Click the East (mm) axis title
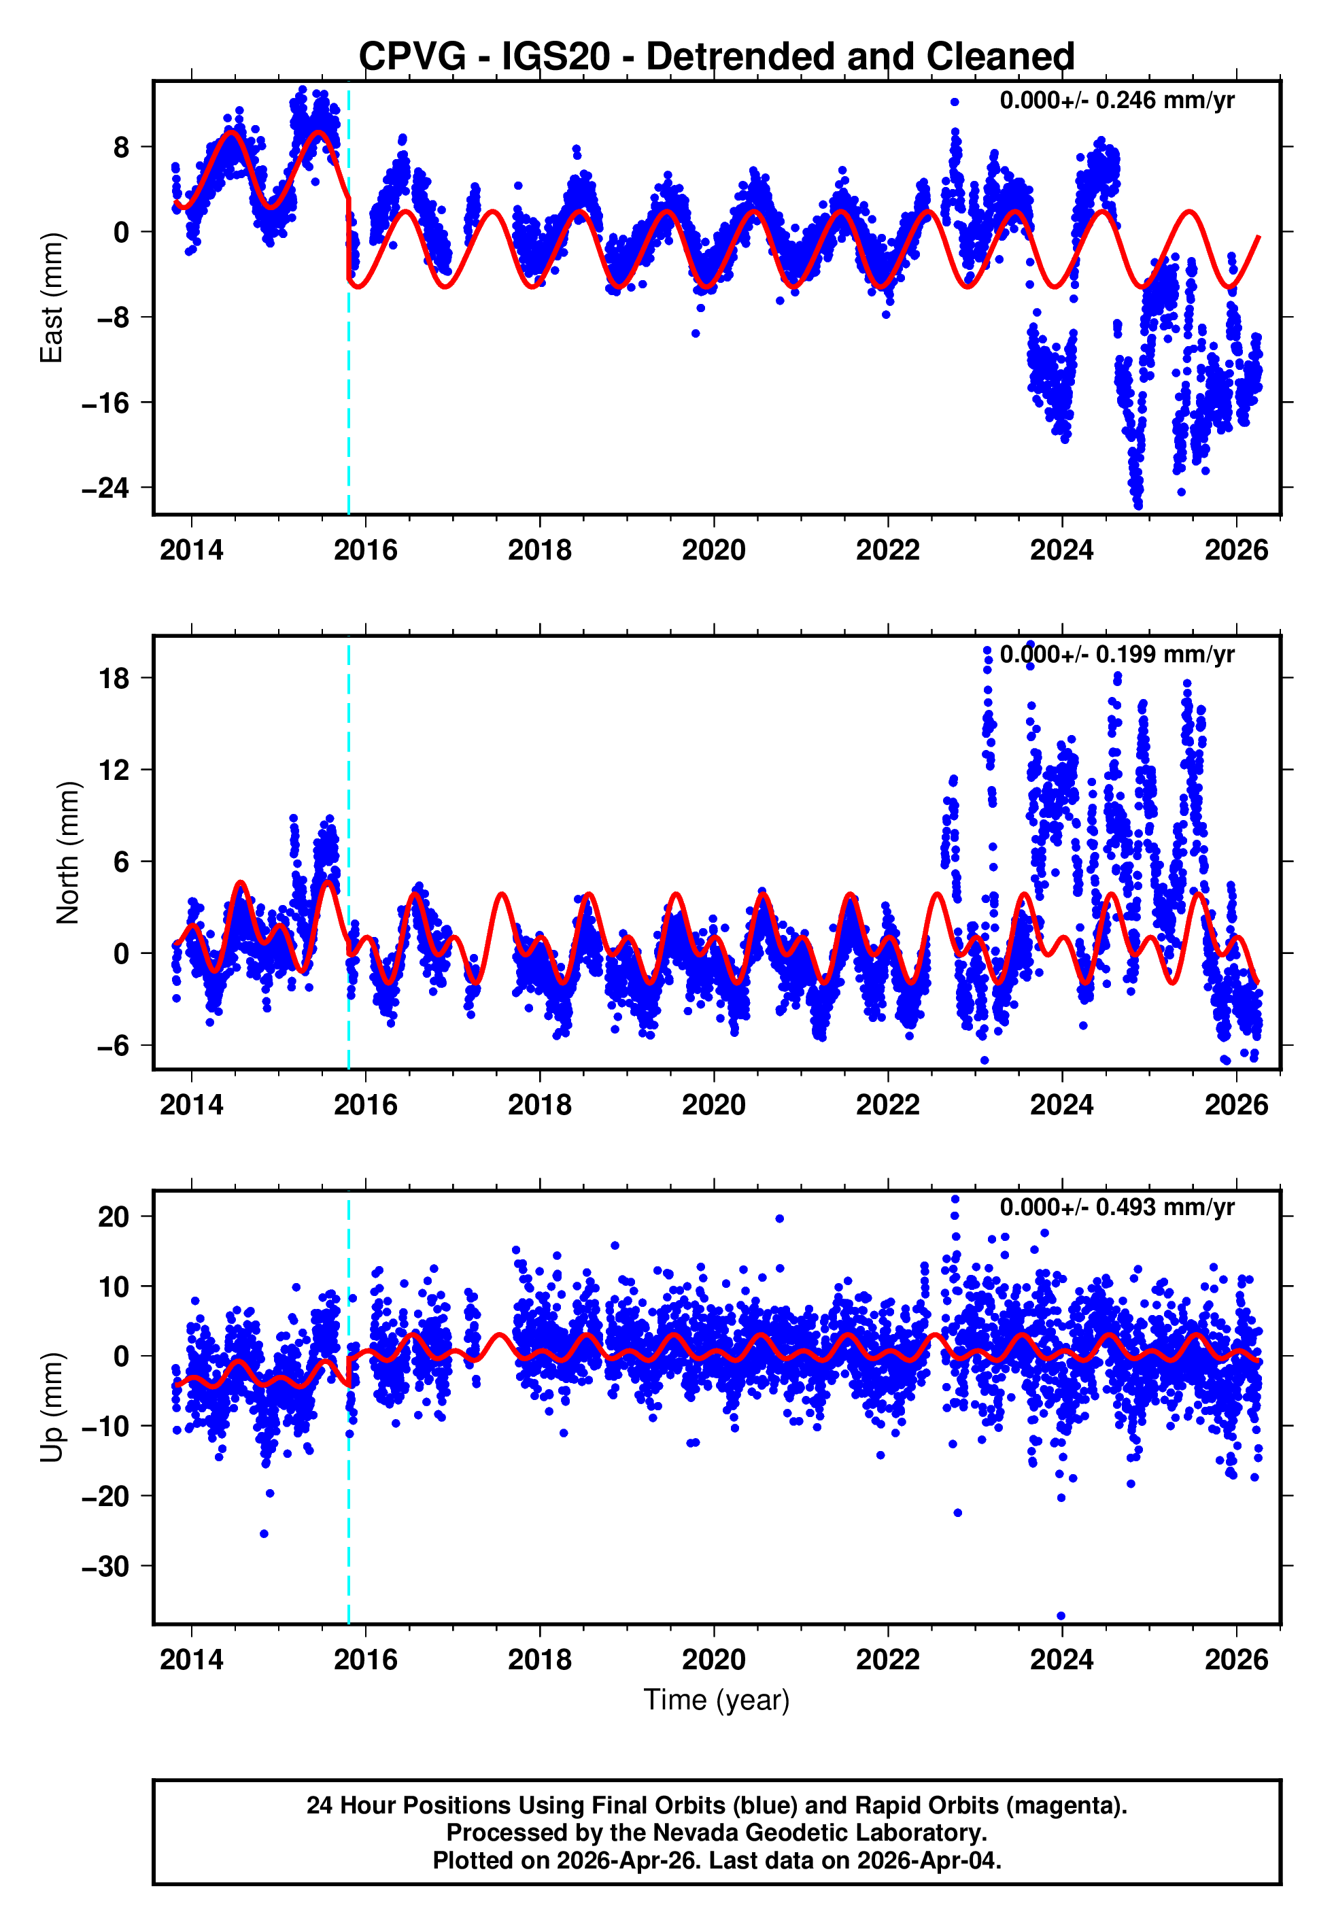point(52,298)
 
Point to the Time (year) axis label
point(717,1700)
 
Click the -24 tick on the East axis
point(105,488)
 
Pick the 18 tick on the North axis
point(114,678)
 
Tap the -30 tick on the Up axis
point(105,1566)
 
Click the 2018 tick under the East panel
point(539,550)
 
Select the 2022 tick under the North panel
point(888,1105)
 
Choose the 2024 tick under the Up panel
point(1061,1659)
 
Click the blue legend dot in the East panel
point(954,102)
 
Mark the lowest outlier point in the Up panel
point(1061,1616)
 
